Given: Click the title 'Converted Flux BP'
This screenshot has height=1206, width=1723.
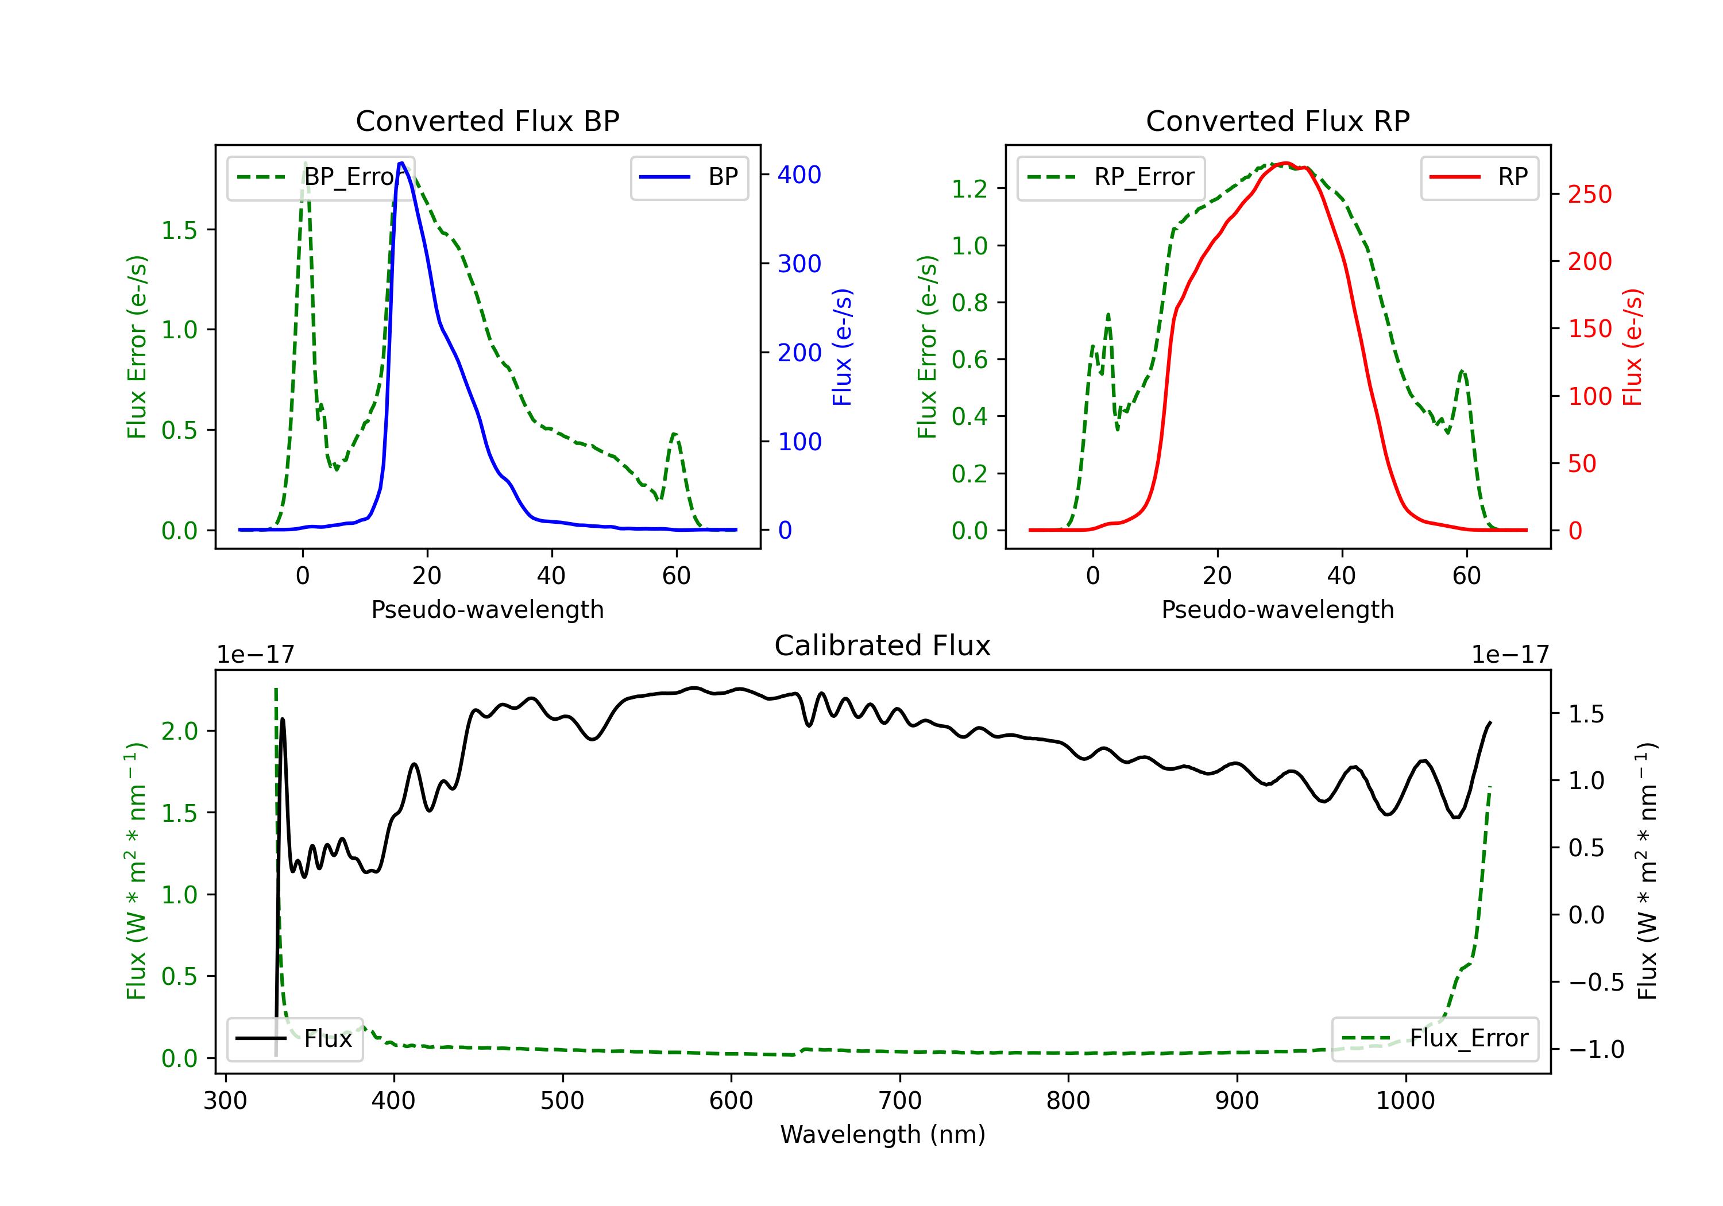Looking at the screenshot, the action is [x=487, y=121].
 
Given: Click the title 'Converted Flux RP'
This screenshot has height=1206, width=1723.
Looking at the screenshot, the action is [x=1277, y=121].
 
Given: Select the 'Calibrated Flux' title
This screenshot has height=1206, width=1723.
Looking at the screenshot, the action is [x=883, y=645].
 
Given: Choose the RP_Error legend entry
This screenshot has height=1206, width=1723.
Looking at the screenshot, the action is [x=1111, y=177].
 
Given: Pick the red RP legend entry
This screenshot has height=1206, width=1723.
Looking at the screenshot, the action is [x=1479, y=177].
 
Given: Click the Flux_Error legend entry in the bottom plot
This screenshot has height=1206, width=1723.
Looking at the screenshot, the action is [x=1435, y=1039].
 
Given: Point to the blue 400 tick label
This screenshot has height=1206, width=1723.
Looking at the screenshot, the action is [x=799, y=175].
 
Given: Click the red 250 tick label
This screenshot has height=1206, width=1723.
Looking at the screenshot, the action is [x=1589, y=194].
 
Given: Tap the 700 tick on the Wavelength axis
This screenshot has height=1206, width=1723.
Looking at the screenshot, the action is [x=900, y=1101].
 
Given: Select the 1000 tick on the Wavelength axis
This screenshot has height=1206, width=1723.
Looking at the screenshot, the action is [x=1405, y=1101].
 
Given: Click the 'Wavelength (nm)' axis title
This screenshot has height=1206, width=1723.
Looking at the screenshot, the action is [x=883, y=1134].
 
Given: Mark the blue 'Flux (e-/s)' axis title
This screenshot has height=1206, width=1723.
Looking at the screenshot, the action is [x=842, y=347].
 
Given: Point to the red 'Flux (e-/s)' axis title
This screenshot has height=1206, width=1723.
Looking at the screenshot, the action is [x=1632, y=347].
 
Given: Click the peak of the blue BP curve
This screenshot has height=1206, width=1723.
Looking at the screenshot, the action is [x=401, y=163].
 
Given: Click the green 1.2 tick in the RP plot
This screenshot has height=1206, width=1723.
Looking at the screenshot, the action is [x=969, y=189].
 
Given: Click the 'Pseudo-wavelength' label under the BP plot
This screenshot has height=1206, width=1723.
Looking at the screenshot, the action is [x=487, y=609].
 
